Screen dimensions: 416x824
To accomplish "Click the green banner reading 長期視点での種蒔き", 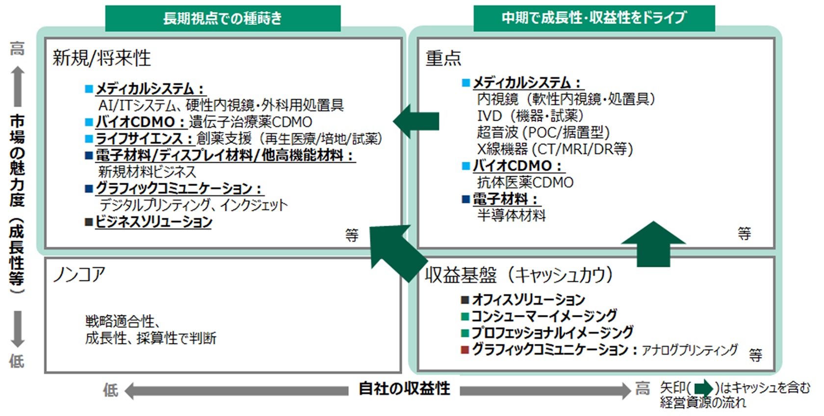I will pyautogui.click(x=223, y=19).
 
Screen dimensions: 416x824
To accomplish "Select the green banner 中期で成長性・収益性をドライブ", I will pyautogui.click(x=593, y=18).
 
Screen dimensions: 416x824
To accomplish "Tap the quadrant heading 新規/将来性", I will pyautogui.click(x=102, y=58).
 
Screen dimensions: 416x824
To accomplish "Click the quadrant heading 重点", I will pyautogui.click(x=443, y=58).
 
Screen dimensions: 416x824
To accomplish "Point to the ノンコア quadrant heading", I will pyautogui.click(x=79, y=274).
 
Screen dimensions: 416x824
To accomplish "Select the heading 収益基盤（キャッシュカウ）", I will pyautogui.click(x=519, y=275).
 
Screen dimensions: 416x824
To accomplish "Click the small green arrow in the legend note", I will pyautogui.click(x=703, y=388).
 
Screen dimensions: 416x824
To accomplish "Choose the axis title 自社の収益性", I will pyautogui.click(x=404, y=389).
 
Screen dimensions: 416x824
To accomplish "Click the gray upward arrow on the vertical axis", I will pyautogui.click(x=18, y=85).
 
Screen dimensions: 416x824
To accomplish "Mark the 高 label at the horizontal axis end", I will pyautogui.click(x=643, y=389).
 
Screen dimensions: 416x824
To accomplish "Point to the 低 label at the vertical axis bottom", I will pyautogui.click(x=17, y=361).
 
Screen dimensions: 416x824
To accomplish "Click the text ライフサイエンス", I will pyautogui.click(x=139, y=139).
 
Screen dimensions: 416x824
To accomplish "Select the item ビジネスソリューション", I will pyautogui.click(x=154, y=222).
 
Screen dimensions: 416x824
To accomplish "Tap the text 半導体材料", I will pyautogui.click(x=511, y=215).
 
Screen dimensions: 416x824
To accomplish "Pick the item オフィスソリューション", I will pyautogui.click(x=528, y=299).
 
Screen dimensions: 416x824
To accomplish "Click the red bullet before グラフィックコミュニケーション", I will pyautogui.click(x=465, y=350).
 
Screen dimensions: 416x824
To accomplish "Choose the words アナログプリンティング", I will pyautogui.click(x=689, y=350).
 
